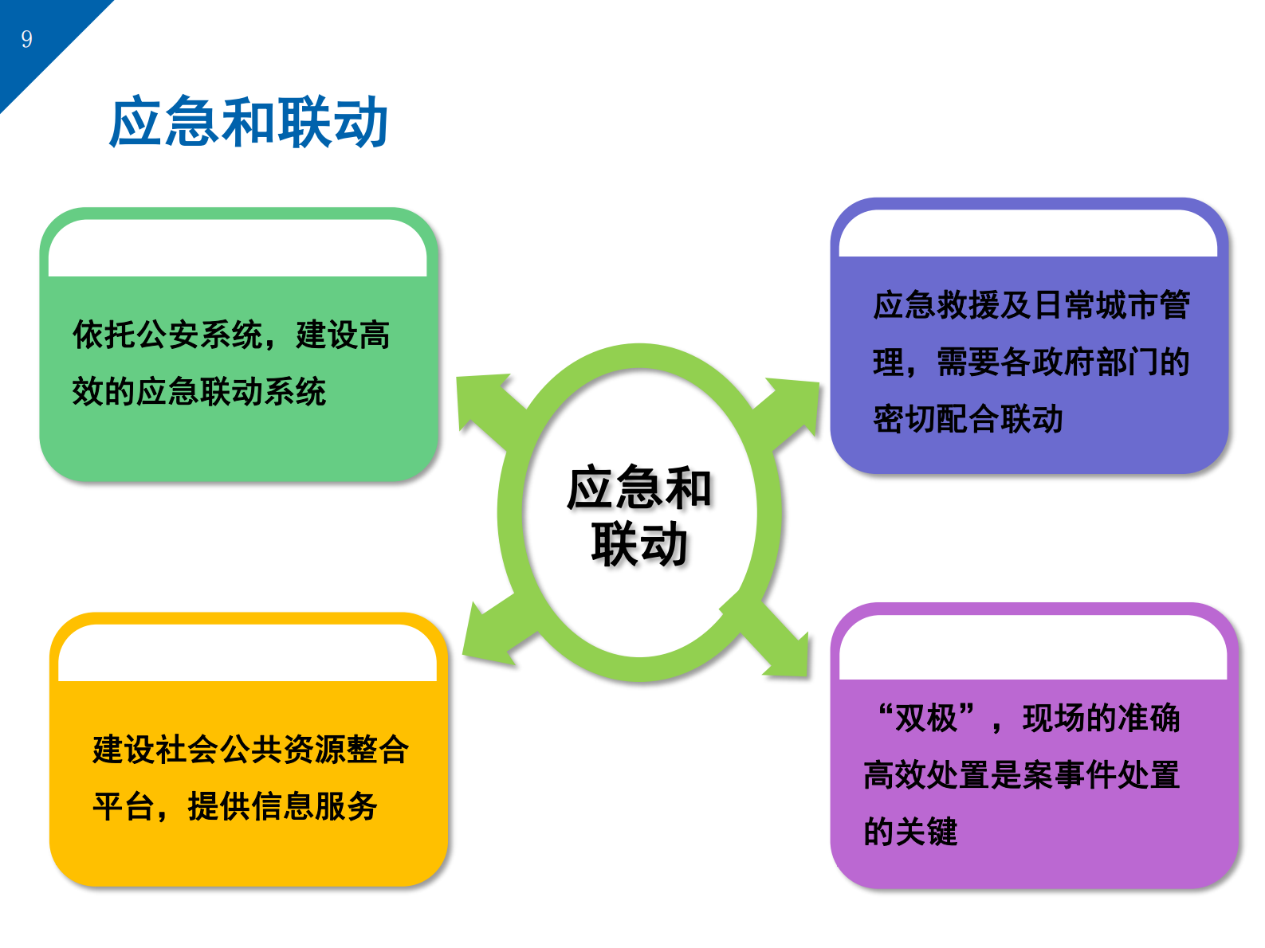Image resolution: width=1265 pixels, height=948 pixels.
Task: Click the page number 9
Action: tap(27, 39)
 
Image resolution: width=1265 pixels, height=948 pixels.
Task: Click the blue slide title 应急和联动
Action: tap(248, 123)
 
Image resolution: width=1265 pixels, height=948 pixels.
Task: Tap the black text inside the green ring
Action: tap(638, 515)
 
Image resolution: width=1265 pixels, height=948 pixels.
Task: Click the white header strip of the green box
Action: tap(238, 249)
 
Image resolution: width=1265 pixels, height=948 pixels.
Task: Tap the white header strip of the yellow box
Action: tap(247, 654)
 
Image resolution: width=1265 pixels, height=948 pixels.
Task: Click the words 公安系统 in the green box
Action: tap(200, 335)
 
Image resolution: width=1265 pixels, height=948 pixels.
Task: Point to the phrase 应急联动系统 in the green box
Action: tap(231, 392)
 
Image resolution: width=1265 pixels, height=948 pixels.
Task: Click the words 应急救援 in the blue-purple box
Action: tap(937, 305)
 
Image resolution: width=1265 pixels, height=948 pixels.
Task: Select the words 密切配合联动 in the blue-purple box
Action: tap(968, 419)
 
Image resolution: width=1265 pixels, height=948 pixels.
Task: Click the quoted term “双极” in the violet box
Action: tap(925, 719)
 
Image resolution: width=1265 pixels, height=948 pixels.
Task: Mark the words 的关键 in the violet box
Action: tap(910, 832)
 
